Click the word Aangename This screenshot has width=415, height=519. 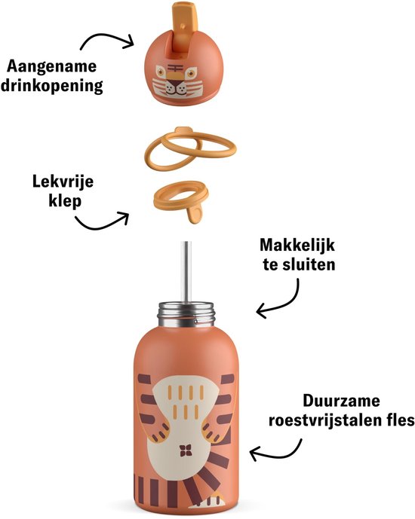tap(52, 66)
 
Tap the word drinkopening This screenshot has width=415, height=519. tap(52, 86)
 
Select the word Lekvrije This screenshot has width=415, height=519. tap(63, 182)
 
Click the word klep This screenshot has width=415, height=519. tap(65, 200)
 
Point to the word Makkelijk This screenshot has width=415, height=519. tap(297, 246)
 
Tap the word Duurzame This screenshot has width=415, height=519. tap(341, 401)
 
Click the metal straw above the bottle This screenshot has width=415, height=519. tap(187, 272)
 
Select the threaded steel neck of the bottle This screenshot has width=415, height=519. tap(186, 314)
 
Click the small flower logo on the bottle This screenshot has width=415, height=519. tap(186, 450)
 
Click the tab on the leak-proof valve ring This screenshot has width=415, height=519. tap(195, 214)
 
